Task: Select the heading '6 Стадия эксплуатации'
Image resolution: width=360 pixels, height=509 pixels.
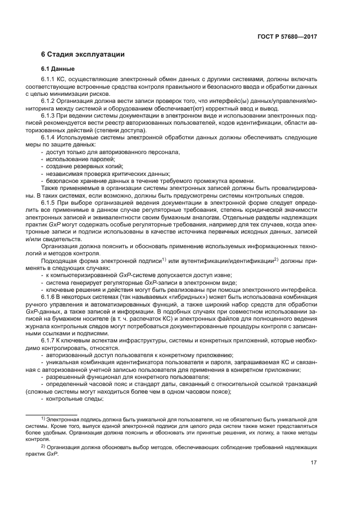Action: point(83,54)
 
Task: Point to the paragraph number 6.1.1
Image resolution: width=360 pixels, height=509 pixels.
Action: point(49,80)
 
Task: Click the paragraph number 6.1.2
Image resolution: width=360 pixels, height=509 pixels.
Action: point(49,101)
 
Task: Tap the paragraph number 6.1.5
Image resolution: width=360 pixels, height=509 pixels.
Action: point(49,201)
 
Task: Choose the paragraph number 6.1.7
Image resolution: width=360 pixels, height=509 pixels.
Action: point(49,340)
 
